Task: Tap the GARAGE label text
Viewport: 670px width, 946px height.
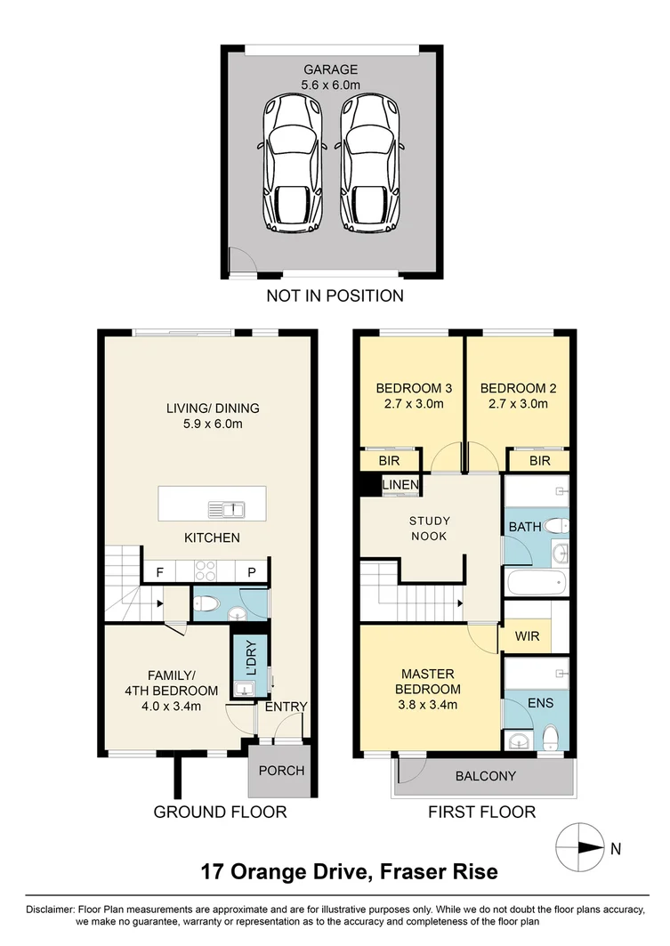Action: [330, 69]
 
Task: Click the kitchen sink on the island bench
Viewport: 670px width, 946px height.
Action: [226, 510]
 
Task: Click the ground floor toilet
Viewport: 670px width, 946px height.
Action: [206, 604]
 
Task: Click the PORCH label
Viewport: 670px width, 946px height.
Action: [280, 771]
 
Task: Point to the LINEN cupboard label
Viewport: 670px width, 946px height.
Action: [400, 484]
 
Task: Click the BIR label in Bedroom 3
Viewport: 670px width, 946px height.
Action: [389, 461]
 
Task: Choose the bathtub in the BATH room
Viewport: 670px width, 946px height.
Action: [537, 583]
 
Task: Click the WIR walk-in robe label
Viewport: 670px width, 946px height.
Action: [526, 638]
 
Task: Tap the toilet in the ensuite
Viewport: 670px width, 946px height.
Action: [551, 736]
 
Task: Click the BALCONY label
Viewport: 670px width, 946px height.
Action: [485, 776]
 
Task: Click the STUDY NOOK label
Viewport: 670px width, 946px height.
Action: [429, 529]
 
